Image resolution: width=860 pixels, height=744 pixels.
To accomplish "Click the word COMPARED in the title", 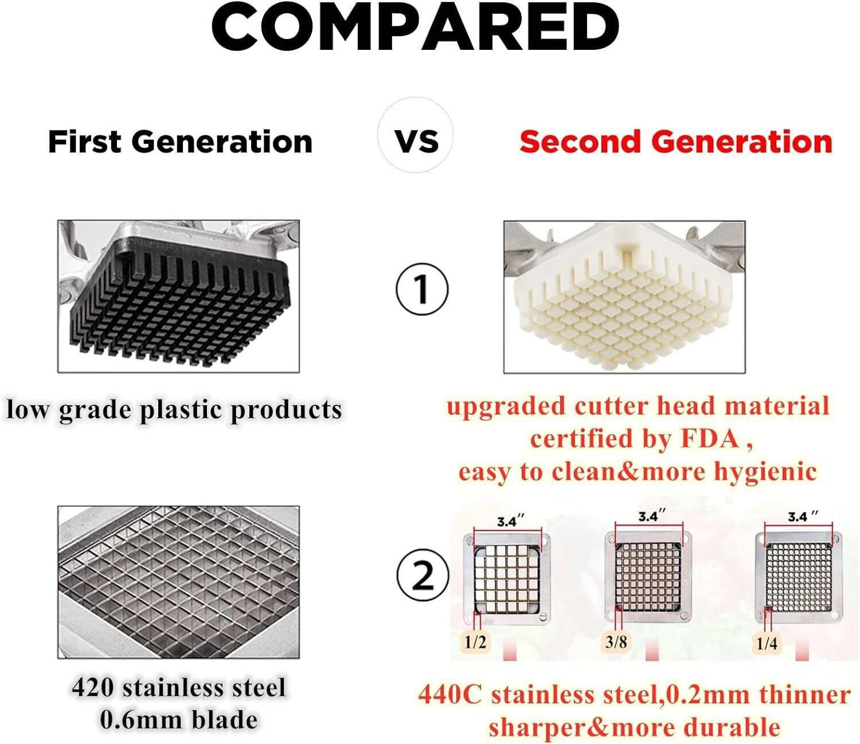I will [416, 27].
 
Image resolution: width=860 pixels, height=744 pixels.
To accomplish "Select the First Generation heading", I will [180, 142].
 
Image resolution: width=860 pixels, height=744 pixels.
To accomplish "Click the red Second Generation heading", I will [675, 142].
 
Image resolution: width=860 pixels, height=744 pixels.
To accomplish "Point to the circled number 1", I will [421, 288].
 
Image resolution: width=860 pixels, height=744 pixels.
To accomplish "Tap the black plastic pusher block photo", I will [178, 296].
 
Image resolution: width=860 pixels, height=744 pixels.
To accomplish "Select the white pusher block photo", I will [624, 296].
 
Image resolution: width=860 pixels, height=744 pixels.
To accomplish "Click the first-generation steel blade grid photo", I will [178, 582].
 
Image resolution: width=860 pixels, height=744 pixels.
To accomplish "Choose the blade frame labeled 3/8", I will [648, 577].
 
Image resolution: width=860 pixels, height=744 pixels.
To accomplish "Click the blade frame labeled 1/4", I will [798, 577].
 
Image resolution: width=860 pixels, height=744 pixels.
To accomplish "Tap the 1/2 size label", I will [475, 642].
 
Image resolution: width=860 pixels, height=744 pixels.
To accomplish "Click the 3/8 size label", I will [616, 641].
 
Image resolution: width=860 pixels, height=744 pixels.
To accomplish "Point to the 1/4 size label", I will [767, 643].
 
